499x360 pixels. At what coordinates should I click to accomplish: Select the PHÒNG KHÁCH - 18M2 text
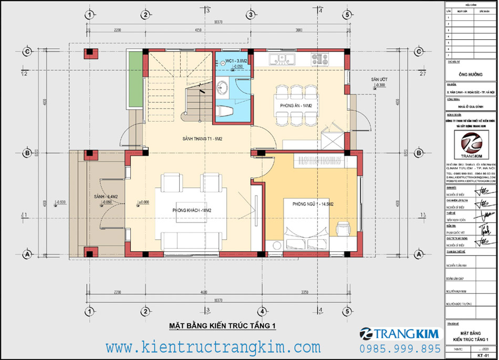pos(191,210)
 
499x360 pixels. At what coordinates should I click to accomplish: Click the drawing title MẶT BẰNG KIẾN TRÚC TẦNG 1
pos(222,326)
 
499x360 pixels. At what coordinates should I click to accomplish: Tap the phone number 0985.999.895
pos(400,348)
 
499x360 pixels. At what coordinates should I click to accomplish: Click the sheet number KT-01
pos(477,355)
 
